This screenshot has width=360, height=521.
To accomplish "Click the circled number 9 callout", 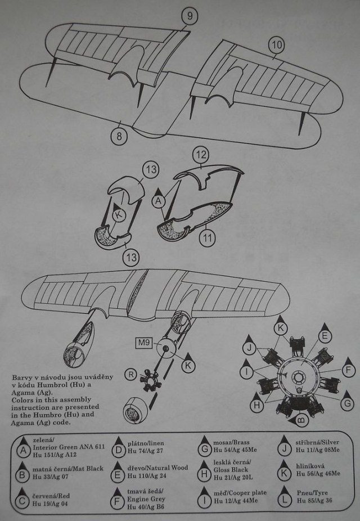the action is pos(190,16).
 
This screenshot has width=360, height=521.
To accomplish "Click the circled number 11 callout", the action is pos(208,238).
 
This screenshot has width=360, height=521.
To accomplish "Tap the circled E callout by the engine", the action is pos(325,336).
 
